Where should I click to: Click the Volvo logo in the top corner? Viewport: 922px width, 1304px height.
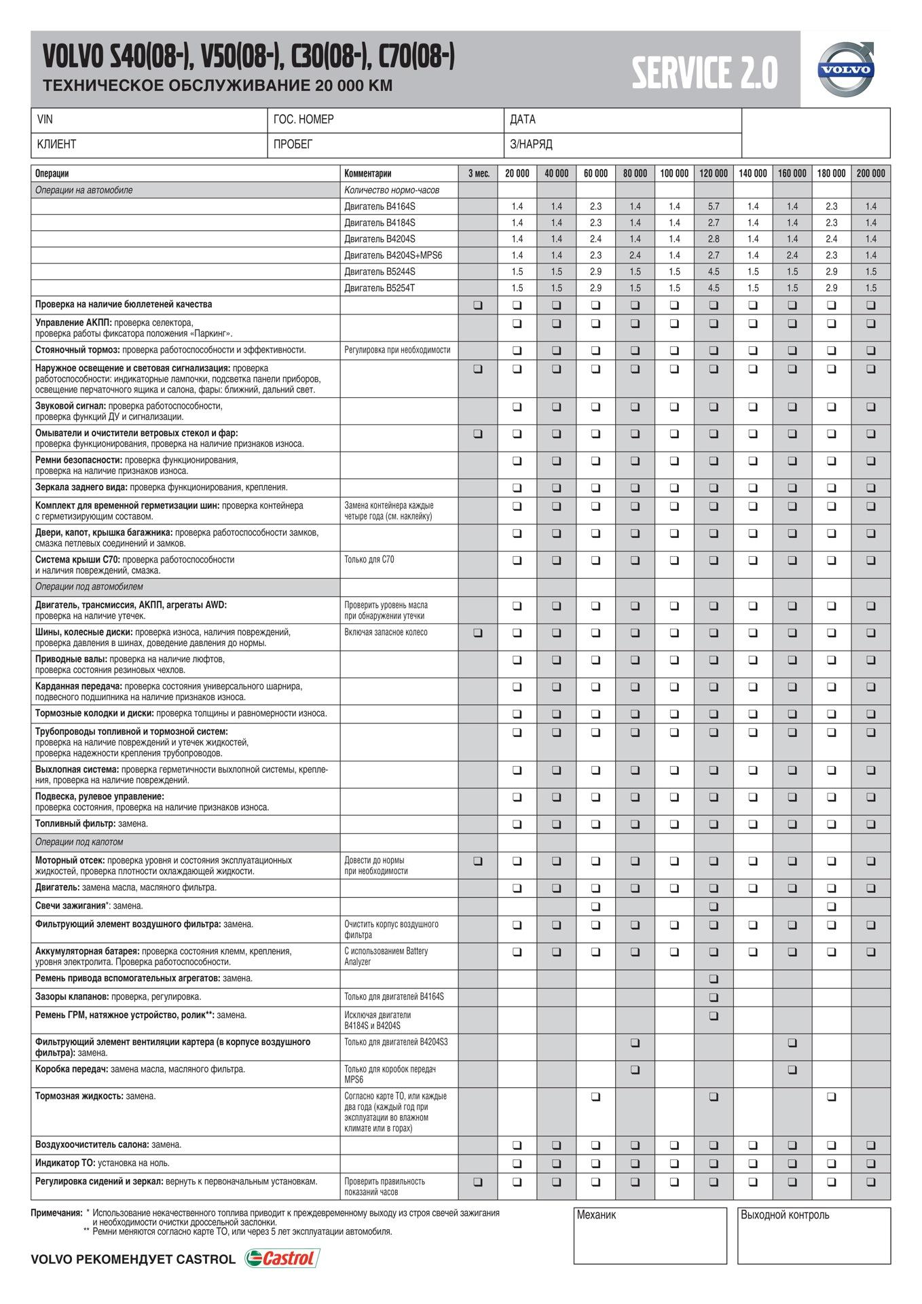(x=845, y=69)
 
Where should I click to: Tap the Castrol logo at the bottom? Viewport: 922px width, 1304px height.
(x=282, y=1258)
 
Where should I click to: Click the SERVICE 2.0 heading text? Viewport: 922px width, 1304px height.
(x=704, y=73)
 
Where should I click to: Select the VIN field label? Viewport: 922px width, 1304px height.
(x=45, y=120)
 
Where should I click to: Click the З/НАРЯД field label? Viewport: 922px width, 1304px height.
(x=531, y=144)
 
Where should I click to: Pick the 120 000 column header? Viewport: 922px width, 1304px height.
(x=714, y=174)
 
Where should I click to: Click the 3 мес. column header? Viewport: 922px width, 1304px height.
(x=479, y=174)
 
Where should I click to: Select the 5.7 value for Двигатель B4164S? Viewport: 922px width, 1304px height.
(x=714, y=206)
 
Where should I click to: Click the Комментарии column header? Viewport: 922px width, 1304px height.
(x=368, y=174)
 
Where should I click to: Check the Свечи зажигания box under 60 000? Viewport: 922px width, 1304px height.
(x=595, y=906)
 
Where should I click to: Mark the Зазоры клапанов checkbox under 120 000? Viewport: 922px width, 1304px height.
(x=713, y=997)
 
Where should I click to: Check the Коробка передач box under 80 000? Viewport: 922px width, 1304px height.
(x=635, y=1070)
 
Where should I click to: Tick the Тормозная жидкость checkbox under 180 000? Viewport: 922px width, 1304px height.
(x=831, y=1097)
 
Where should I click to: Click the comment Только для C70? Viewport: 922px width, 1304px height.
(x=369, y=560)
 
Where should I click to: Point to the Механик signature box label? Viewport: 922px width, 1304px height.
(x=596, y=1215)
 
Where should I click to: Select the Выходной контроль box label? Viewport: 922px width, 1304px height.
(x=785, y=1215)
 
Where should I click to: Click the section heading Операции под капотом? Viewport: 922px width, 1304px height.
(x=79, y=842)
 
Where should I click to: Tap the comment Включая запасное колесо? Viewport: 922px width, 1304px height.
(x=386, y=632)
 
